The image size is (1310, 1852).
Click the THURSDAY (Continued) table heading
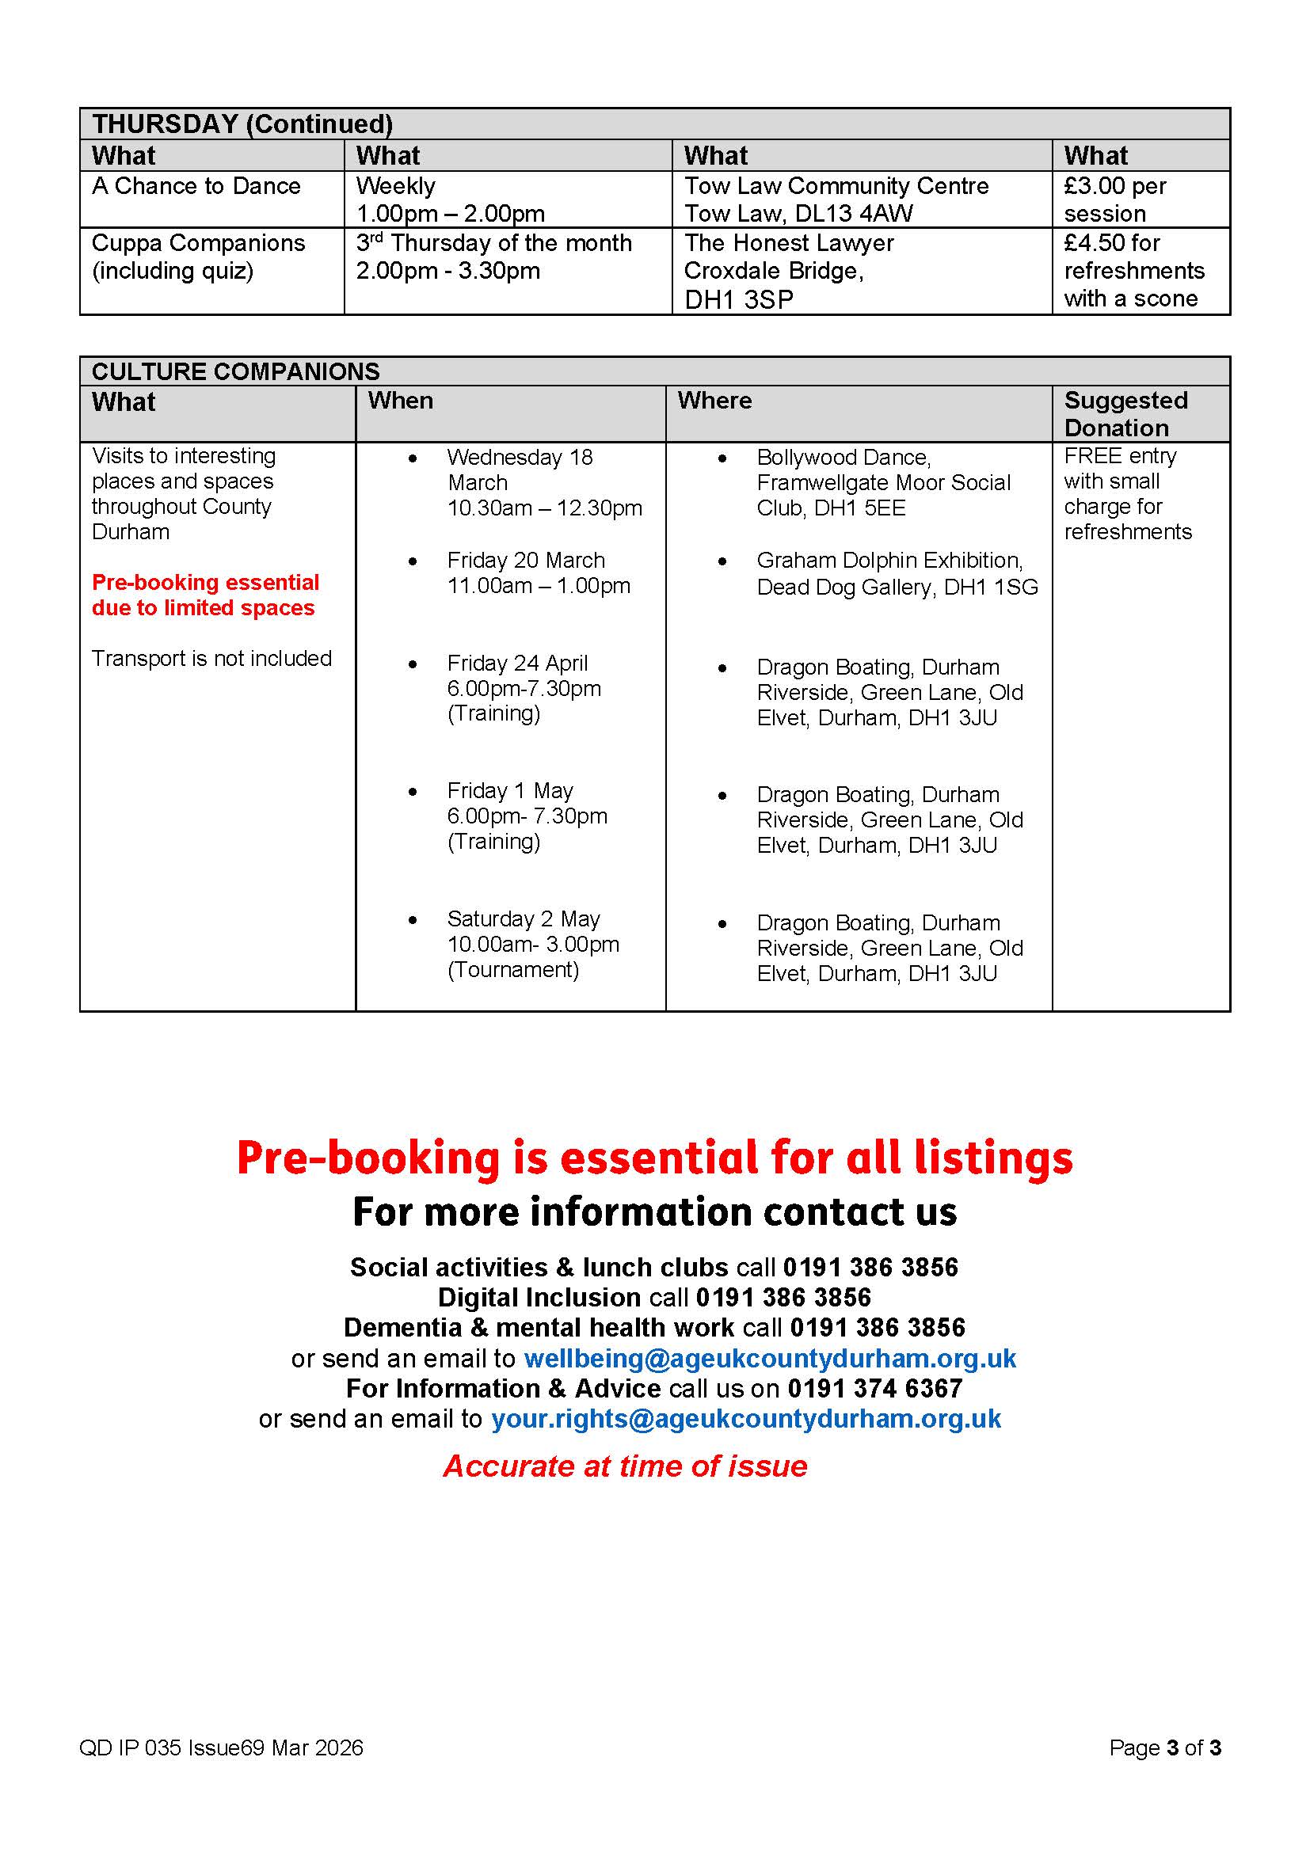point(242,124)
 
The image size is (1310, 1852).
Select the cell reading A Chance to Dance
point(196,186)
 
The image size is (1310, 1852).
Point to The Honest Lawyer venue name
point(788,243)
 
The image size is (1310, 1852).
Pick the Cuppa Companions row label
point(199,243)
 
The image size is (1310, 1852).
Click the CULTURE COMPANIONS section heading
point(235,371)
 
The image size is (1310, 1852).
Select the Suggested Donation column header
point(1125,414)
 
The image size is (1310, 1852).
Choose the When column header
point(400,401)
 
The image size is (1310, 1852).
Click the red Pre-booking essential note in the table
point(205,595)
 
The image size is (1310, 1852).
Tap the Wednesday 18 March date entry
point(520,470)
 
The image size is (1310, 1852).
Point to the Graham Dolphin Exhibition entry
point(889,561)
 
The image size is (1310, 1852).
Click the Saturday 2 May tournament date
point(524,919)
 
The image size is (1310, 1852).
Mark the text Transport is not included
point(211,659)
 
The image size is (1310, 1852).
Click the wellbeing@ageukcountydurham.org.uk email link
point(770,1359)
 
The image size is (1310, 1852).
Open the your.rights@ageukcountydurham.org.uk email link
point(745,1419)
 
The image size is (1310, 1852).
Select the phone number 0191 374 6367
point(874,1389)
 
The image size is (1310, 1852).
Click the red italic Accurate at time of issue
point(625,1466)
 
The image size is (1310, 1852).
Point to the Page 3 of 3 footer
point(1164,1748)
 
